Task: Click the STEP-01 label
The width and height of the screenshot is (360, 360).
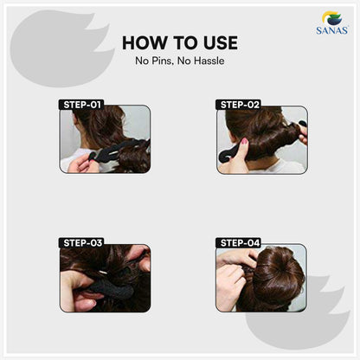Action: (81, 105)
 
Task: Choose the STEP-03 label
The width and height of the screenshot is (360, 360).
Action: (81, 243)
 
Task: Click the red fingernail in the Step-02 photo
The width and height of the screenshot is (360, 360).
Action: (245, 141)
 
